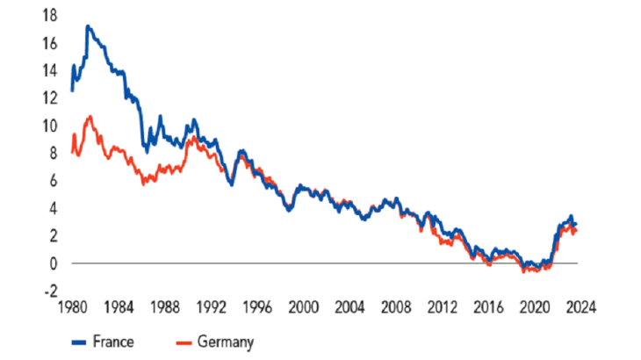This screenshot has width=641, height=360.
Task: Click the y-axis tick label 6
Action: click(55, 181)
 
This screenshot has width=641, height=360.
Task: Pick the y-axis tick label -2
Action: click(53, 291)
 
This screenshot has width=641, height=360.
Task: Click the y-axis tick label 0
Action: click(55, 263)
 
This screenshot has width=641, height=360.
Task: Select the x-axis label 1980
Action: click(71, 308)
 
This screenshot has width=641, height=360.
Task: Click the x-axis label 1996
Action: click(256, 308)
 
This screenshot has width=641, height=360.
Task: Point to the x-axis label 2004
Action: click(349, 308)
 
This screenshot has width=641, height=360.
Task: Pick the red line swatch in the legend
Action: click(187, 342)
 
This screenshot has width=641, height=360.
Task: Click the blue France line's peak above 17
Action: click(88, 27)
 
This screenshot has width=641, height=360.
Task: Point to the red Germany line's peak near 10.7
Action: click(89, 116)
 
